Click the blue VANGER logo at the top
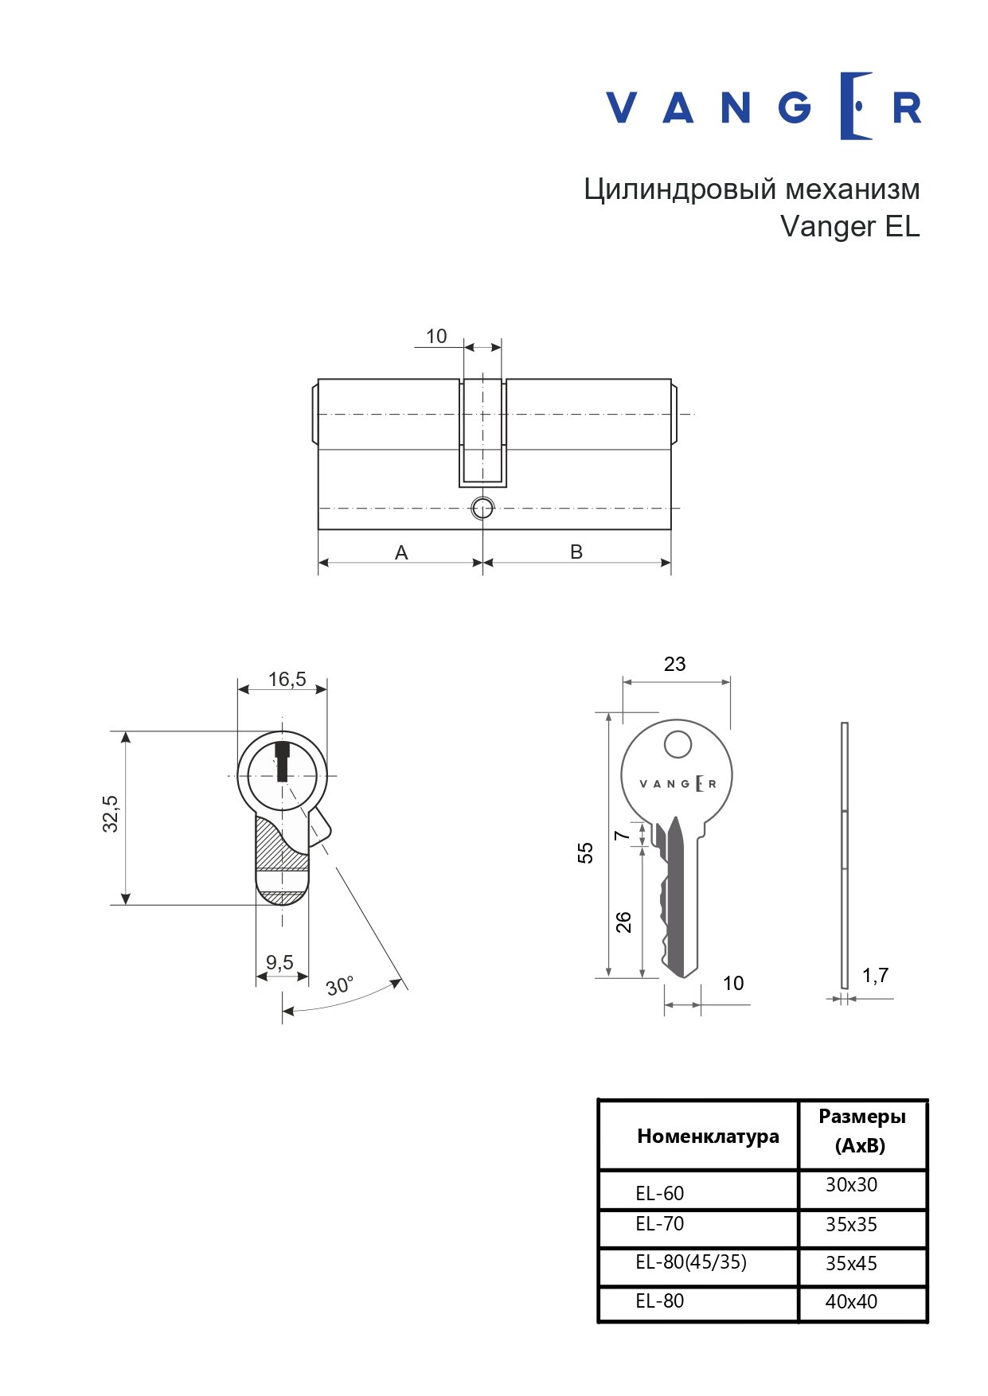pyautogui.click(x=763, y=106)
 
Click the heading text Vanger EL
pyautogui.click(x=849, y=226)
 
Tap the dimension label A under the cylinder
pyautogui.click(x=401, y=552)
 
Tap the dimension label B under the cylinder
pyautogui.click(x=576, y=552)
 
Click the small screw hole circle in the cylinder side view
pyautogui.click(x=482, y=508)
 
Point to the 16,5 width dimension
pyautogui.click(x=287, y=679)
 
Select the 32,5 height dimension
pyautogui.click(x=111, y=813)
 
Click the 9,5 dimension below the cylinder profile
pyautogui.click(x=279, y=962)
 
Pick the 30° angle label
pyautogui.click(x=340, y=985)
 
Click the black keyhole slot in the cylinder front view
pyautogui.click(x=282, y=761)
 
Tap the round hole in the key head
pyautogui.click(x=678, y=745)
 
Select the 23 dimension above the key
pyautogui.click(x=674, y=664)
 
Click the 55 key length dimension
pyautogui.click(x=585, y=853)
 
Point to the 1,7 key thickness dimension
pyautogui.click(x=875, y=975)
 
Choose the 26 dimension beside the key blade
pyautogui.click(x=623, y=922)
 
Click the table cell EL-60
pyautogui.click(x=659, y=1193)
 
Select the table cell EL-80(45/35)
pyautogui.click(x=691, y=1262)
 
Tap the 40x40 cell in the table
pyautogui.click(x=851, y=1302)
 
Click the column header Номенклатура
pyautogui.click(x=708, y=1136)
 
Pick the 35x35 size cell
pyautogui.click(x=851, y=1225)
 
